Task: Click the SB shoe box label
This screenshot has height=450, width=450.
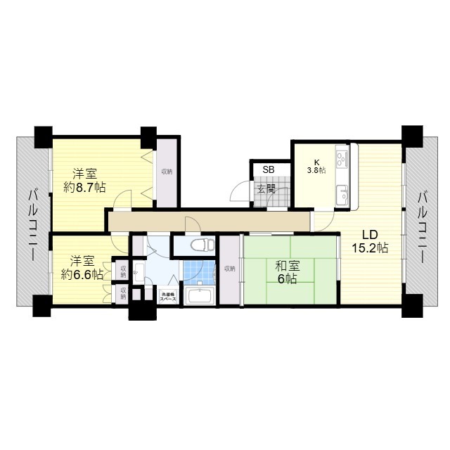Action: pyautogui.click(x=269, y=169)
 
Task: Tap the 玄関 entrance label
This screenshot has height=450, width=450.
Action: pyautogui.click(x=265, y=189)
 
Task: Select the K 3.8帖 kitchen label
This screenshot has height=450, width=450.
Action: pyautogui.click(x=315, y=167)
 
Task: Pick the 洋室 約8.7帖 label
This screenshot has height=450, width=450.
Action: pyautogui.click(x=84, y=180)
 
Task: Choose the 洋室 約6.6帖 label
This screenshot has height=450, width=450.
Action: pyautogui.click(x=82, y=268)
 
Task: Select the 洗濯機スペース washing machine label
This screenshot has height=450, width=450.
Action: pyautogui.click(x=167, y=297)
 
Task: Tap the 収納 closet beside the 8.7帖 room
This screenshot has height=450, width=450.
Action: pyautogui.click(x=166, y=172)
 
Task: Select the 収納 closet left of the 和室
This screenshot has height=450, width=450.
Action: pyautogui.click(x=230, y=269)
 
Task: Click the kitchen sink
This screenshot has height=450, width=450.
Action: pyautogui.click(x=342, y=193)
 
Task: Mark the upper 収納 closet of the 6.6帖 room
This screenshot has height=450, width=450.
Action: pyautogui.click(x=124, y=269)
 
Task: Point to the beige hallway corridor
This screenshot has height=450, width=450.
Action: pyautogui.click(x=211, y=220)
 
